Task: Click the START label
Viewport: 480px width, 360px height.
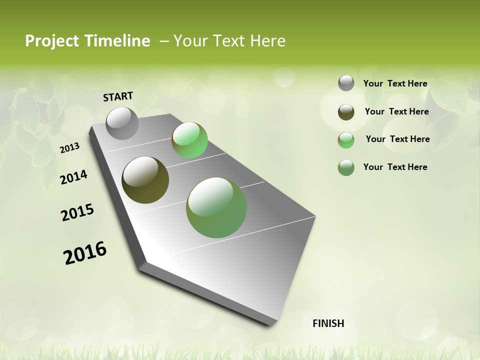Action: (x=118, y=96)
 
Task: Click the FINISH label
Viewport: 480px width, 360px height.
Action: (x=328, y=323)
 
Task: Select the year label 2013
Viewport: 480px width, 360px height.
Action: (x=69, y=148)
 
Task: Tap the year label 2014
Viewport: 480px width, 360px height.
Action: (x=73, y=177)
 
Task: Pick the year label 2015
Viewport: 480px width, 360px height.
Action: (x=77, y=212)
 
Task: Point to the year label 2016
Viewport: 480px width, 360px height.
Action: (x=85, y=253)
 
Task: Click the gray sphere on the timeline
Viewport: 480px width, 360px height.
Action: (x=122, y=123)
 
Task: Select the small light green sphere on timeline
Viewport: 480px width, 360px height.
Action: (x=189, y=140)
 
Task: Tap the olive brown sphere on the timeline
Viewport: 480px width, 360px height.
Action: (x=145, y=180)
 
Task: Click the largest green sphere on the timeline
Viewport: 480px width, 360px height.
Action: (x=216, y=207)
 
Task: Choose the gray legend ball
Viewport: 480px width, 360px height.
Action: (x=346, y=83)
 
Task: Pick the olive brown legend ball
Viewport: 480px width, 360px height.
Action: (x=346, y=112)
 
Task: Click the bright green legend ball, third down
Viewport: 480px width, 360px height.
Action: (x=346, y=140)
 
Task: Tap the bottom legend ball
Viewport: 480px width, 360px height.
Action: (x=346, y=167)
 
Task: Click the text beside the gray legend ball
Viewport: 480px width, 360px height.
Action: (x=395, y=83)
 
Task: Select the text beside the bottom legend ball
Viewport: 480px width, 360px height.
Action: (x=395, y=167)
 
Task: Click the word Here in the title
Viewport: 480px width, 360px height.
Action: (x=267, y=41)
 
